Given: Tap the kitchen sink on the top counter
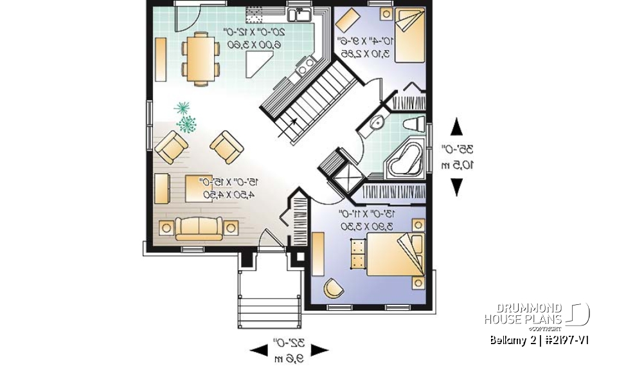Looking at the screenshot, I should pos(299,15).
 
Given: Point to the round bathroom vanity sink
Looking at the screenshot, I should pos(379,122).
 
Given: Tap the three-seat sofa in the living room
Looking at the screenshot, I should pos(199,228).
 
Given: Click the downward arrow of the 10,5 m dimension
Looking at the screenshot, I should pos(456,187).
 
